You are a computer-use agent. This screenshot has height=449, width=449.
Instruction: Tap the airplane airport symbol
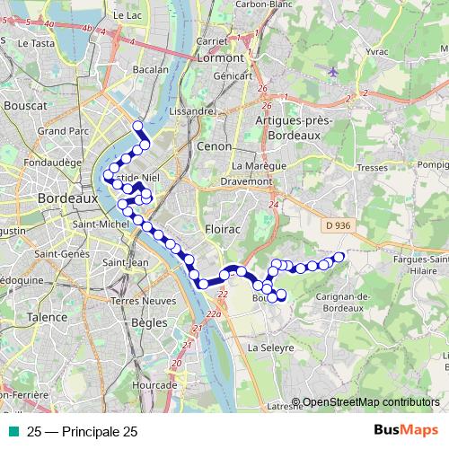click(334, 71)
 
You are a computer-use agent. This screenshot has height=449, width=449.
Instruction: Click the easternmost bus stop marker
click(339, 257)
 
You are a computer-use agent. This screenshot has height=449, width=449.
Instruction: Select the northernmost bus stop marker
click(137, 126)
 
